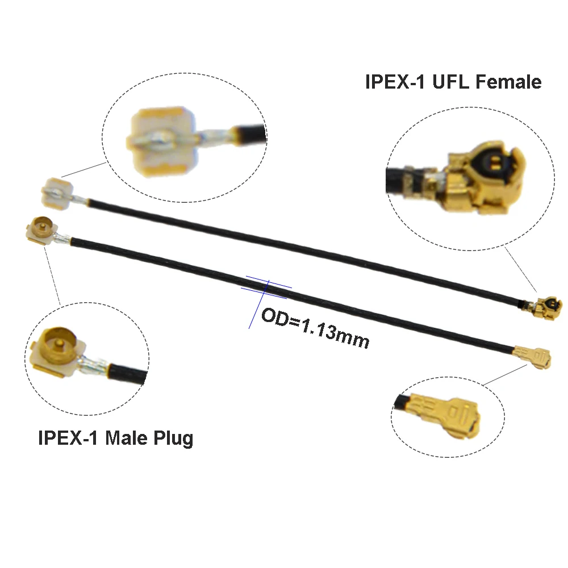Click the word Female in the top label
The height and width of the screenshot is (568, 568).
click(x=508, y=82)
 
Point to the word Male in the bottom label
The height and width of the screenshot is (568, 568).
click(x=127, y=438)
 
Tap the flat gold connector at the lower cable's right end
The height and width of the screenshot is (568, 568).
click(x=534, y=357)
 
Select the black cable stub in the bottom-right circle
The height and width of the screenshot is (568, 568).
click(x=403, y=405)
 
